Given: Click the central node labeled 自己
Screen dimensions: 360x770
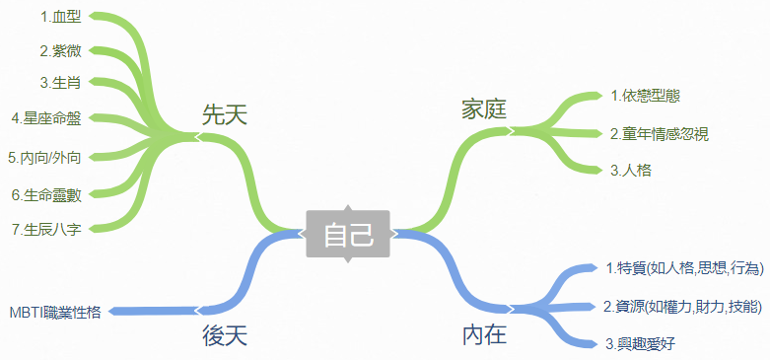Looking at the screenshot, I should (x=349, y=235).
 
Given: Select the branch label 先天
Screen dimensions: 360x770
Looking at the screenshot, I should (x=224, y=114).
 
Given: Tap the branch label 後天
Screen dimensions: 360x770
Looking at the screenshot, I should (x=224, y=335).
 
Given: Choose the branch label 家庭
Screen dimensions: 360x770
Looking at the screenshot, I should (x=484, y=108).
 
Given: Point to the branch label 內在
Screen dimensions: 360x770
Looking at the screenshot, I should (x=484, y=335).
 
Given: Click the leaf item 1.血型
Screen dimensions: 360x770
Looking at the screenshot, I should (x=60, y=17).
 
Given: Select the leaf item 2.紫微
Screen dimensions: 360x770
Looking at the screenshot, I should (x=60, y=49).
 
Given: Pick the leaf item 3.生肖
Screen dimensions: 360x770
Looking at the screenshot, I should (x=60, y=82).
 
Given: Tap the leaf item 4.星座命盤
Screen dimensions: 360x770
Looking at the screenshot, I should (x=47, y=118).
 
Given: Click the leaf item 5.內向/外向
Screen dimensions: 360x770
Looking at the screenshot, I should (x=44, y=156).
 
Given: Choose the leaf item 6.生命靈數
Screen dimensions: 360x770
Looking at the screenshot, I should (x=47, y=194).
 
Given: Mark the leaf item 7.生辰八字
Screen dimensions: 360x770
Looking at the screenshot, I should (x=47, y=229).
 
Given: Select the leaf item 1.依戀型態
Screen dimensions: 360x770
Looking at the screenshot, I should (x=645, y=96).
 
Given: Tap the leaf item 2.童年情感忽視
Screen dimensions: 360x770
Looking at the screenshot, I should (x=659, y=133).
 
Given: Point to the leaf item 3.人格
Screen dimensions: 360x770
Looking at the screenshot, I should (x=630, y=170).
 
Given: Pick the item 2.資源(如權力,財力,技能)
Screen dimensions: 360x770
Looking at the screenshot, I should (x=681, y=306).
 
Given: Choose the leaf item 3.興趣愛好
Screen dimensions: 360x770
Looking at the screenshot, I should (x=640, y=343).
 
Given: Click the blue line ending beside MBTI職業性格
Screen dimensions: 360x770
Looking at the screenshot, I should (x=158, y=312).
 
